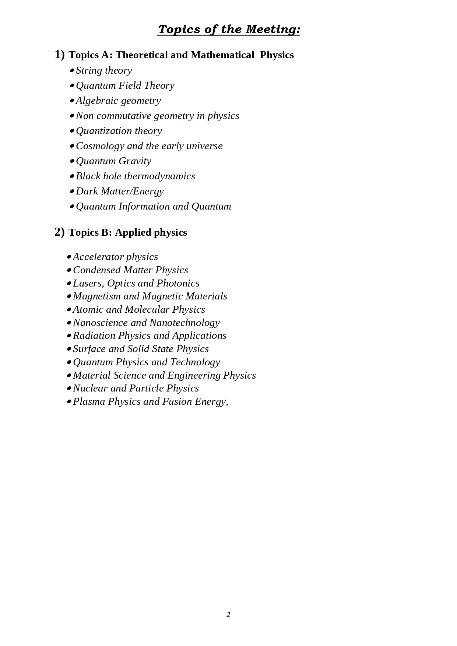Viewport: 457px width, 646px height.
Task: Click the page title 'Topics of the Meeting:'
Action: tap(229, 29)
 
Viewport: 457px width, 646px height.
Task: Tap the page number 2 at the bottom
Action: tap(228, 614)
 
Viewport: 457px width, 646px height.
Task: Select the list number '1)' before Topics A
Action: tap(59, 55)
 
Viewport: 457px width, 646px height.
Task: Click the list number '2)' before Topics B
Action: tap(59, 232)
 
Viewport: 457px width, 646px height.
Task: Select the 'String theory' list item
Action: tap(104, 70)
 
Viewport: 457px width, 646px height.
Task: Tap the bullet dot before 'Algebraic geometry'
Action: tap(72, 101)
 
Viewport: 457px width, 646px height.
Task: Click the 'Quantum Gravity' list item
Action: tap(113, 161)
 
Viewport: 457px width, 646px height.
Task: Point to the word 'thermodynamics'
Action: tap(159, 176)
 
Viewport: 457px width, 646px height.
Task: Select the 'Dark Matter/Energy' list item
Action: tap(120, 191)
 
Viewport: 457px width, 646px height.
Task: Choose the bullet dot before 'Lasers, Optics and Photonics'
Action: tap(69, 284)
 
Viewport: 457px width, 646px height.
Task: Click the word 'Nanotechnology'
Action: tap(184, 323)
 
